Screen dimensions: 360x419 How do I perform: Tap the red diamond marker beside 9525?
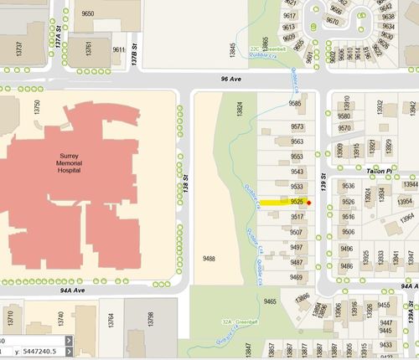[x=309, y=202]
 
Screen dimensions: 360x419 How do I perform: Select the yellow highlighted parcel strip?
[x=281, y=202]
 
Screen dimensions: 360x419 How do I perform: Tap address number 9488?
[x=209, y=260]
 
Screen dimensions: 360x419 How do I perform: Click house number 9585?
[x=296, y=104]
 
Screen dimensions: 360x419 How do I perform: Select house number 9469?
[x=296, y=276]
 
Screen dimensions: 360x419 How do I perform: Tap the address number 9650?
[x=88, y=14]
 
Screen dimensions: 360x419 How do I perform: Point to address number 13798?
[x=150, y=319]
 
